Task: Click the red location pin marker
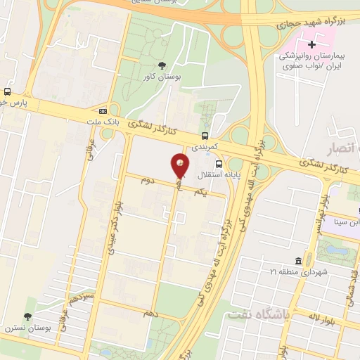pyautogui.click(x=180, y=166)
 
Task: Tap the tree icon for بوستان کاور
pyautogui.click(x=162, y=66)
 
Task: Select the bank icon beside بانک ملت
pyautogui.click(x=103, y=110)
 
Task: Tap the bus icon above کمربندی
pyautogui.click(x=205, y=135)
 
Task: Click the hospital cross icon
pyautogui.click(x=312, y=45)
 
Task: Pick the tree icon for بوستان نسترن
pyautogui.click(x=28, y=316)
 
